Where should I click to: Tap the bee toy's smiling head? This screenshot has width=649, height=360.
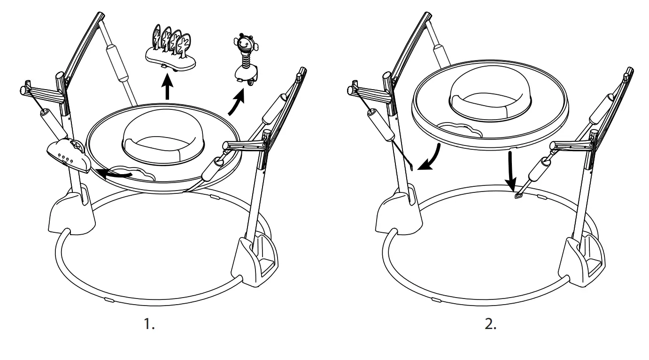[x=246, y=43]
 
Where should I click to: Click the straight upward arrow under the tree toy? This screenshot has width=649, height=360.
[x=167, y=88]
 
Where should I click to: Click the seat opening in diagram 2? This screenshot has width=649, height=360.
[x=490, y=96]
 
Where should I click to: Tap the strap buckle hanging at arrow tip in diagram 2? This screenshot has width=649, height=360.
[x=519, y=196]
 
